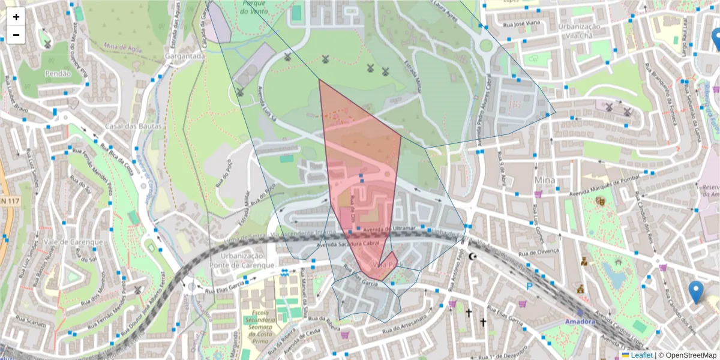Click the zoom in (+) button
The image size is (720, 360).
point(16,17)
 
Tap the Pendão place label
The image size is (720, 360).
point(58,74)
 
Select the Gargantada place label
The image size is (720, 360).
point(187,56)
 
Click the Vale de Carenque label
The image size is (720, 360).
point(74,242)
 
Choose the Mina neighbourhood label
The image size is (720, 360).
point(544,180)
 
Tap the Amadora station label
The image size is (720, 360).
point(580,322)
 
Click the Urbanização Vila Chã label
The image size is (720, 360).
point(579,31)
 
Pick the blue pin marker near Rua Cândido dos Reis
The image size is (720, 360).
point(695,292)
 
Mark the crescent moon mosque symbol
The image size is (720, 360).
point(472,257)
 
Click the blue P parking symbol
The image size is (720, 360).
point(529,287)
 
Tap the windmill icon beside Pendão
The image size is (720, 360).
point(47,44)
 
